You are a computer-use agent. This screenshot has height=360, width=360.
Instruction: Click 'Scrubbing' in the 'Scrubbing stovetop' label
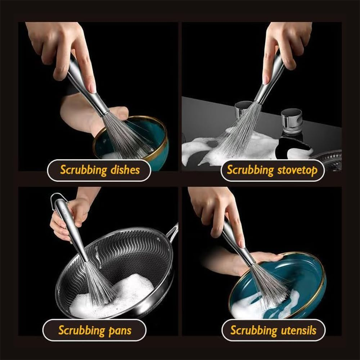pos(250,170)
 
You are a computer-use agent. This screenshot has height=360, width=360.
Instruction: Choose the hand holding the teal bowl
pos(90,112)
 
